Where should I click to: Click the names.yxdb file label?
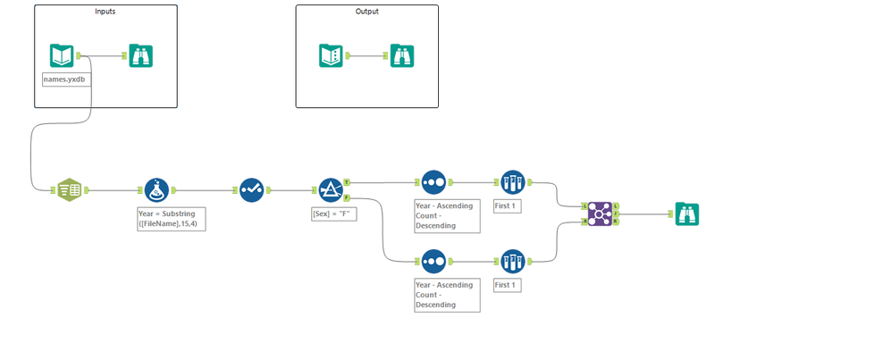[x=66, y=80]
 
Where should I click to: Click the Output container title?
[x=366, y=12]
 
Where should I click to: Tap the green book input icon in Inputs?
[x=62, y=55]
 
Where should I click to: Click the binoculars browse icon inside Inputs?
[x=140, y=55]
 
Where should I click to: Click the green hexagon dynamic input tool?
[x=69, y=189]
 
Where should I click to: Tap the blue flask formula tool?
[x=156, y=189]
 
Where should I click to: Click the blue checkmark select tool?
[x=251, y=189]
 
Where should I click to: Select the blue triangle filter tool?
[x=331, y=189]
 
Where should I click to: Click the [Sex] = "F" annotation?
[x=333, y=213]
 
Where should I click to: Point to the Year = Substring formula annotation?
[x=171, y=219]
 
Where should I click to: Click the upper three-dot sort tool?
[x=433, y=182]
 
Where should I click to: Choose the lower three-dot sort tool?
[x=433, y=262]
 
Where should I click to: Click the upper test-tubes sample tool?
[x=512, y=182]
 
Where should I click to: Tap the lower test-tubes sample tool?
[x=512, y=262]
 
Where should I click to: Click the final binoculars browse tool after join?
[x=686, y=213]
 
